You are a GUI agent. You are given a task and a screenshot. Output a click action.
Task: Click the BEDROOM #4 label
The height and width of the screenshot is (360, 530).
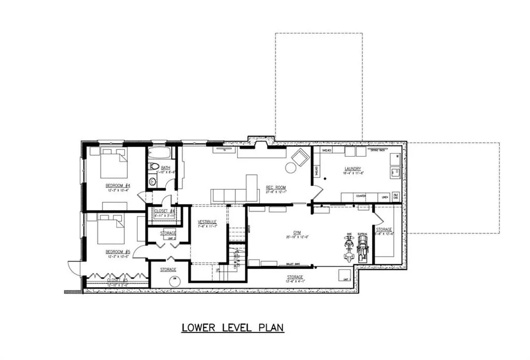click(x=117, y=186)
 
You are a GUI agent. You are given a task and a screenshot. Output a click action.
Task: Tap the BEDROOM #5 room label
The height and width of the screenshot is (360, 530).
click(x=117, y=251)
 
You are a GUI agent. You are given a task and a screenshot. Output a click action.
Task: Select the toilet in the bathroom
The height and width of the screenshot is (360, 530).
click(x=154, y=167)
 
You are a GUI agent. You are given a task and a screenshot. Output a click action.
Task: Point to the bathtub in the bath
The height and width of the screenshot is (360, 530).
click(x=161, y=154)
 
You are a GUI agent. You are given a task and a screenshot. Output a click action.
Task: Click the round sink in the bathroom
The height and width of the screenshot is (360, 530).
click(x=153, y=181)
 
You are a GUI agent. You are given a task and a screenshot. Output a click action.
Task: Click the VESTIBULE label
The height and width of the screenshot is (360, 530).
click(x=207, y=222)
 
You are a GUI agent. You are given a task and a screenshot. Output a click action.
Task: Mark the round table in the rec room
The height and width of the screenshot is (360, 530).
click(x=289, y=167)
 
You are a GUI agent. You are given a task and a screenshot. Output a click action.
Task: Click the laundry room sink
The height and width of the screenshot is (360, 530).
click(x=396, y=172)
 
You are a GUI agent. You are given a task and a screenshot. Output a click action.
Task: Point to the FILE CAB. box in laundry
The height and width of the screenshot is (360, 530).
click(x=396, y=197)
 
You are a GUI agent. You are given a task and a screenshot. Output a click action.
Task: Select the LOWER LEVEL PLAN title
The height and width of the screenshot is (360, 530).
click(x=233, y=327)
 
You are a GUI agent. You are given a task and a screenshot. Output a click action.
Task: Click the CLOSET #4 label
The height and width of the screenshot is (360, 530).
click(x=165, y=211)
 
